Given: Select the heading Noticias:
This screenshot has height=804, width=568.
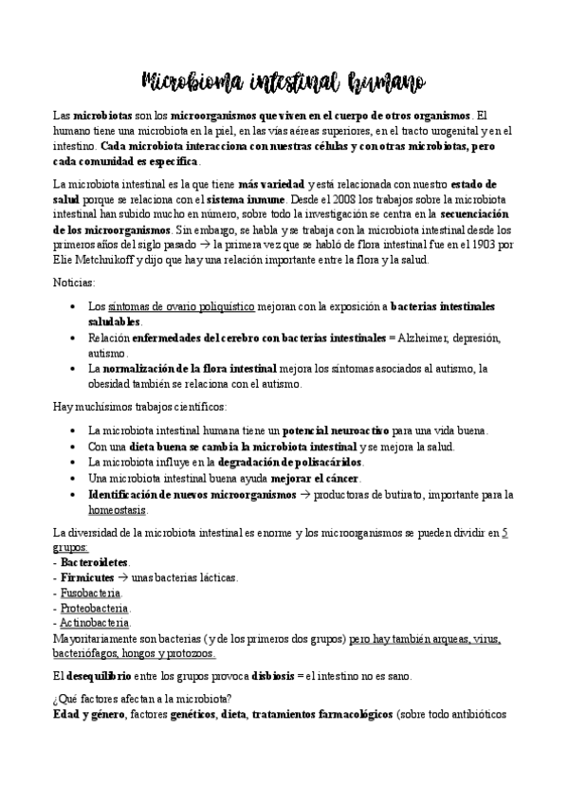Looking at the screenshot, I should (74, 283).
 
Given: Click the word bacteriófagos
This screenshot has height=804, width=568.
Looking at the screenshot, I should (87, 653).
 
